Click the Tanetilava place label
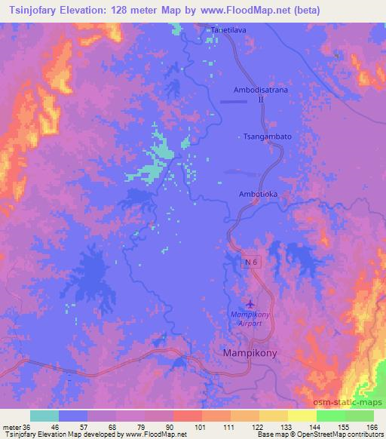click(228, 30)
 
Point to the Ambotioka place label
click(259, 194)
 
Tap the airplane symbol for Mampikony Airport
click(250, 302)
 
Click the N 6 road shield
click(251, 261)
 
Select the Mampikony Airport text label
click(247, 318)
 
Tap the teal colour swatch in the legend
click(44, 416)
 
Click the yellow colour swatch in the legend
click(302, 416)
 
